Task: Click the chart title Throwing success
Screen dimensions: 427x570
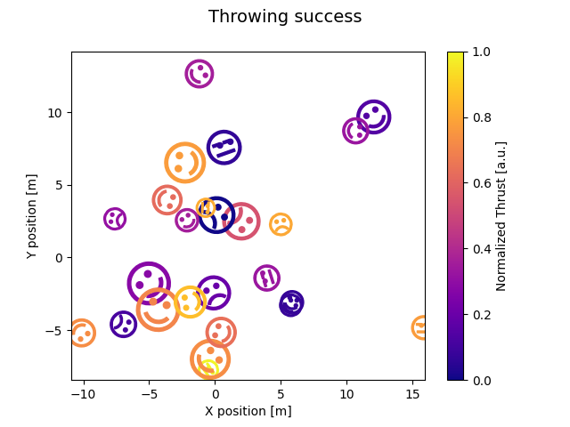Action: coord(285,17)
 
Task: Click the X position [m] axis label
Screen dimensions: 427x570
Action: coord(248,411)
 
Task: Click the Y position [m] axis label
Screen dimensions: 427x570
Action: coord(32,216)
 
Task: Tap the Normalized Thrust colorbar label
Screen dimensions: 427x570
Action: coord(501,216)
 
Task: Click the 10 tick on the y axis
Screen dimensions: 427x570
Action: coord(55,113)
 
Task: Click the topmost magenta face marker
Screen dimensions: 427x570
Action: coord(199,73)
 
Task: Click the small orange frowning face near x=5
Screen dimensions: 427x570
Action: coord(281,224)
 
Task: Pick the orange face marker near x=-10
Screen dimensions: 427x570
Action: coord(81,333)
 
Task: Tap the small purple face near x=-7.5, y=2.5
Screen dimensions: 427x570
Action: coord(115,219)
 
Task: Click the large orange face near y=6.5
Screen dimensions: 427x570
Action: coord(185,163)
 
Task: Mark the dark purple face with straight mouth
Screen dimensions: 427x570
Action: coord(224,147)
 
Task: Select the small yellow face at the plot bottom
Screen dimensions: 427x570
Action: coord(209,369)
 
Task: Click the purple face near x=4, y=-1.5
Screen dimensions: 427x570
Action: coord(267,278)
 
